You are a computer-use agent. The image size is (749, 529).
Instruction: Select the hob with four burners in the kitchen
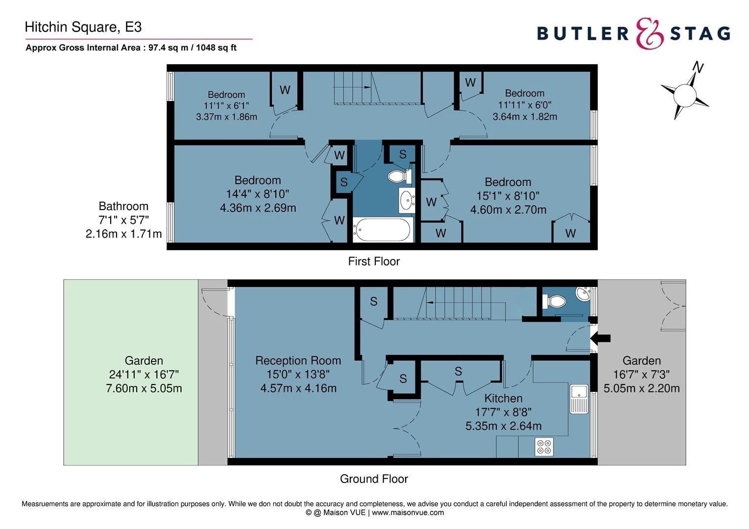coord(544,446)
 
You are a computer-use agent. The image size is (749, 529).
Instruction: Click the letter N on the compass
coord(698,67)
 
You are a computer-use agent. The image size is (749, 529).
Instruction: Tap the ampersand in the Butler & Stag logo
coord(650,33)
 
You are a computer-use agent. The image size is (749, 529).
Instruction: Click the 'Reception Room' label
coord(298,361)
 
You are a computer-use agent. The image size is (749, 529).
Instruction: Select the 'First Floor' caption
coord(374,262)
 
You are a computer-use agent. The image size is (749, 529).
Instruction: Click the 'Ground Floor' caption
coord(374,479)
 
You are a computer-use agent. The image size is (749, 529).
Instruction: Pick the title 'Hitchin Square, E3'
coord(83,27)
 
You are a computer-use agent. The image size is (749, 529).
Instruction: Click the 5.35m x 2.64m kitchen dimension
coord(503,426)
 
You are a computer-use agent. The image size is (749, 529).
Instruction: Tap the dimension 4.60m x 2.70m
coord(508,210)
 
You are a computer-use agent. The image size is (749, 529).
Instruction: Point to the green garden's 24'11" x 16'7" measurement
coord(144,375)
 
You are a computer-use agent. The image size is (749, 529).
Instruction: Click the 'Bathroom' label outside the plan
coord(123,206)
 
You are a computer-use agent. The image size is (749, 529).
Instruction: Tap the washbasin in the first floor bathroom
coord(406,200)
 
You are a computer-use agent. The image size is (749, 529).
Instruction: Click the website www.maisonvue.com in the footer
coord(408,513)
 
